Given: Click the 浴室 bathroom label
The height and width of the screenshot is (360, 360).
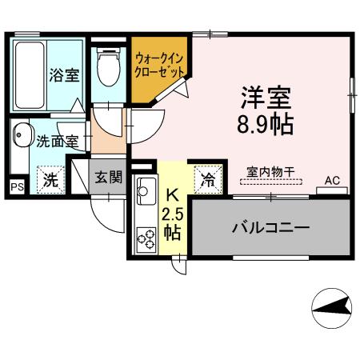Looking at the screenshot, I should click(65, 77).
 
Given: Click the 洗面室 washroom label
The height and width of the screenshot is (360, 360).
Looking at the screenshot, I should click(57, 142).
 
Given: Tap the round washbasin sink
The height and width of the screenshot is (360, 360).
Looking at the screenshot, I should click(22, 138).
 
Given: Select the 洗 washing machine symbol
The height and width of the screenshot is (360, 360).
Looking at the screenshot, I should click(50, 179).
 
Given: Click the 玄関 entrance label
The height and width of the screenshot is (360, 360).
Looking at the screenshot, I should click(107, 177).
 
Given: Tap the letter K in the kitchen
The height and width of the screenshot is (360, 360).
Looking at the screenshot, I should click(172, 194).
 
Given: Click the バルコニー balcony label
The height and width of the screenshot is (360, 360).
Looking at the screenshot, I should click(270, 229).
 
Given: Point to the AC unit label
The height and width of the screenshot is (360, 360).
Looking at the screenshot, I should click(331, 181).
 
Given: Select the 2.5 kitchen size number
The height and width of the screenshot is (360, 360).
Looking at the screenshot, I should click(172, 214).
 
